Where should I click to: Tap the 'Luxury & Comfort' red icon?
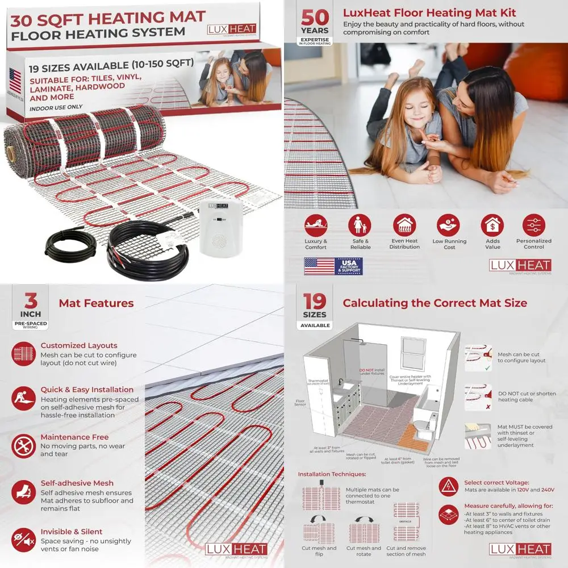click(316, 225)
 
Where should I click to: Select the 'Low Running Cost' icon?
click(449, 225)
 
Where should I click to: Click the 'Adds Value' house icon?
click(492, 225)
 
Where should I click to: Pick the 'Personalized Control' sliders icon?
click(533, 225)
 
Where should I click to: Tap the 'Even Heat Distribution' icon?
click(404, 225)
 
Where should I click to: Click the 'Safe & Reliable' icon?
click(360, 225)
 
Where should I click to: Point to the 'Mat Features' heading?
click(96, 303)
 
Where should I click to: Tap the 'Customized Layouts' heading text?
click(79, 345)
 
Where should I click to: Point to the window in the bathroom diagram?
click(413, 353)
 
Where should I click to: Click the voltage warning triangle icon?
click(449, 487)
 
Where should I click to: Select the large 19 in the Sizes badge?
click(315, 301)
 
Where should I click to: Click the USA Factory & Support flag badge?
click(333, 266)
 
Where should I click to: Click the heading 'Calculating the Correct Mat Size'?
click(435, 303)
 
